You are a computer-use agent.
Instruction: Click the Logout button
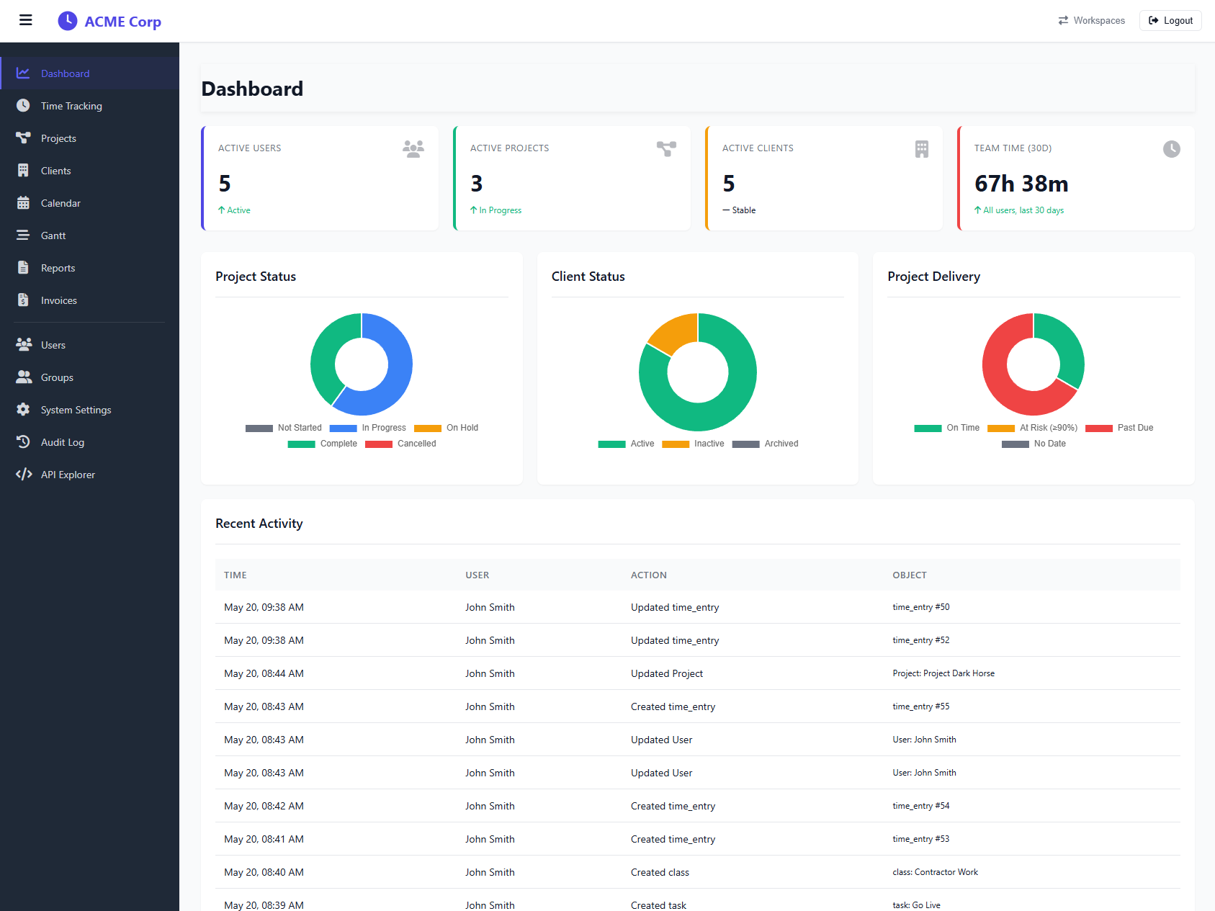coord(1170,21)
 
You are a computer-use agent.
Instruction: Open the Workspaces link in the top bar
coord(1091,21)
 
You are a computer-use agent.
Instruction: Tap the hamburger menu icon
coord(26,20)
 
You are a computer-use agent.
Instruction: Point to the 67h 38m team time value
coord(1021,184)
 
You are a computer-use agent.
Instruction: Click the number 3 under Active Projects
coord(477,184)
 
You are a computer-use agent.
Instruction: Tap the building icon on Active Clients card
coord(922,149)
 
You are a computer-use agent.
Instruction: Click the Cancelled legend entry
coord(400,444)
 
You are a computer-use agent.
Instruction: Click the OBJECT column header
coord(910,575)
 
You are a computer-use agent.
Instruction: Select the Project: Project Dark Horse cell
coord(943,673)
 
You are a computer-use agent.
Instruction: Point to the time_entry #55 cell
coord(921,706)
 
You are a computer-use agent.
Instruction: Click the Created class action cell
coord(660,872)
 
